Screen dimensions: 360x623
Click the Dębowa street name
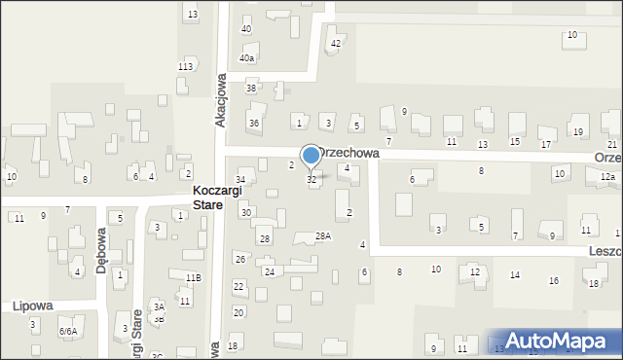(x=101, y=252)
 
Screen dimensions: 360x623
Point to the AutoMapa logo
(x=560, y=341)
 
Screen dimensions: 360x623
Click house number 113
(x=185, y=66)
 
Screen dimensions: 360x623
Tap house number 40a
(x=247, y=58)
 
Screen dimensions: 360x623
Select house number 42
(x=336, y=44)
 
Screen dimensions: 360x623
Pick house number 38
(x=251, y=89)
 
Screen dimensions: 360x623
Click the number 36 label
(x=254, y=124)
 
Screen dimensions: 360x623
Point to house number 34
(x=240, y=180)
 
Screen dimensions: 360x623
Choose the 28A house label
(x=323, y=235)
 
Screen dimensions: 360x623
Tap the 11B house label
(x=193, y=277)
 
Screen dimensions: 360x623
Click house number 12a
(x=607, y=176)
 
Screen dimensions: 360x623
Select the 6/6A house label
(x=67, y=332)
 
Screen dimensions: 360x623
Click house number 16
(x=554, y=281)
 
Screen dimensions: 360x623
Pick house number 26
(x=239, y=259)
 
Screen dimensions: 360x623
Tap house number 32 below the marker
(x=311, y=180)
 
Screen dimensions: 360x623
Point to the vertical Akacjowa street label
(x=220, y=97)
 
